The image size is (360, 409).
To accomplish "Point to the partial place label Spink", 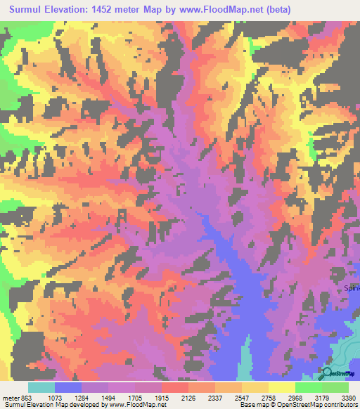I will (x=351, y=287).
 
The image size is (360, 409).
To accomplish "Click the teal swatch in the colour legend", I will (x=41, y=387).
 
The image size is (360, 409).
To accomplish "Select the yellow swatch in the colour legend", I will (x=281, y=387).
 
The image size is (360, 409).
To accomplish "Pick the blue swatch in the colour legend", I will (x=68, y=387).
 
